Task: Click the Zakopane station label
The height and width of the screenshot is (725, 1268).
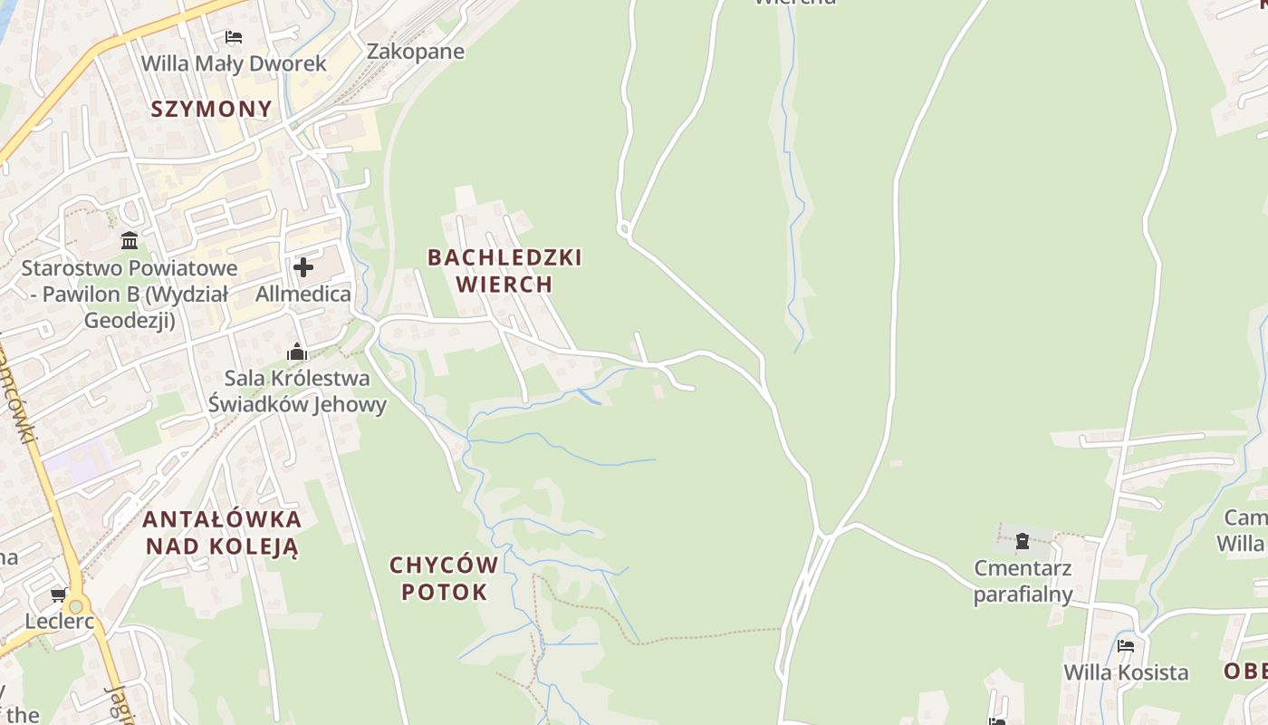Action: click(x=415, y=52)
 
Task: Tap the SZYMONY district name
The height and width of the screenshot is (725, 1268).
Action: click(x=211, y=110)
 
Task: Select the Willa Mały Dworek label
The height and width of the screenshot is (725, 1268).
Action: click(x=234, y=64)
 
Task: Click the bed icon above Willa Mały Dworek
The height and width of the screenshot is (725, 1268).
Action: click(x=234, y=37)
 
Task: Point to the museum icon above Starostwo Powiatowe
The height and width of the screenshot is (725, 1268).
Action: click(x=130, y=241)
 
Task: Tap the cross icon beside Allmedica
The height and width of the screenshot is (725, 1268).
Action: click(x=303, y=267)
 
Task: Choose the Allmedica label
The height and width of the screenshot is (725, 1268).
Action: click(x=303, y=294)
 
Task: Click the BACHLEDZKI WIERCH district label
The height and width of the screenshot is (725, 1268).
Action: click(x=504, y=271)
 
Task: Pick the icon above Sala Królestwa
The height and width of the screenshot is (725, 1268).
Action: click(x=297, y=353)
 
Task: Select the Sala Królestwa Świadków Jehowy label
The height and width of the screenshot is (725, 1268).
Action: click(x=297, y=391)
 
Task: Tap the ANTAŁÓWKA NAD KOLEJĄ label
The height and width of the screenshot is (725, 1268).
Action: click(x=222, y=533)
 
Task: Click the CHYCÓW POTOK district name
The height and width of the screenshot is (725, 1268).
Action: click(x=444, y=579)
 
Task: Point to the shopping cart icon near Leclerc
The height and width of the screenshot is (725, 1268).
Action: click(x=59, y=595)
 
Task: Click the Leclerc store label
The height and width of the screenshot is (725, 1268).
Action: click(x=60, y=622)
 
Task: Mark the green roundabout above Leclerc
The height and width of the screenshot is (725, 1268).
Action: click(x=76, y=605)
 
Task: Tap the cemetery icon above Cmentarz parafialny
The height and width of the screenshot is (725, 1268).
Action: click(x=1023, y=542)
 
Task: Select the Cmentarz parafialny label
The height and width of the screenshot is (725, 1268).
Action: click(x=1023, y=582)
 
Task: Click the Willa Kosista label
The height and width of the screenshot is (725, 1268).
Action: click(x=1126, y=672)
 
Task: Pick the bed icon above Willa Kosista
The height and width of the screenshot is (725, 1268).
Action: click(x=1126, y=646)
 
